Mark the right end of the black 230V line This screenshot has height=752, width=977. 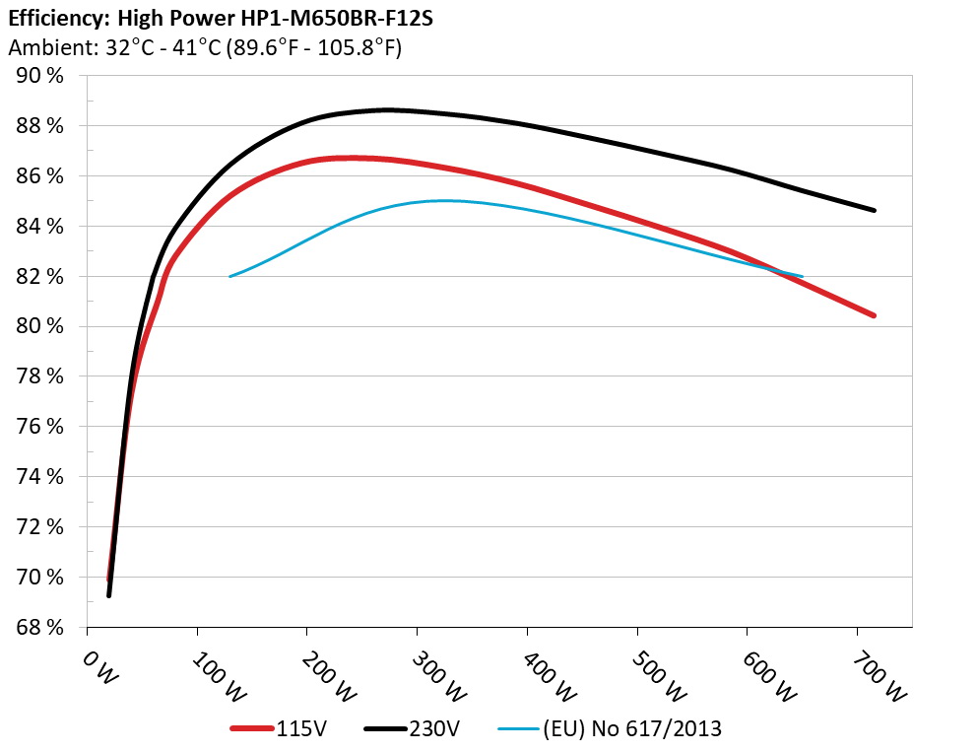pyautogui.click(x=874, y=210)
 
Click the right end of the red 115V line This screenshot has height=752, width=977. pyautogui.click(x=874, y=315)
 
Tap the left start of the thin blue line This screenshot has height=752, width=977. pyautogui.click(x=230, y=276)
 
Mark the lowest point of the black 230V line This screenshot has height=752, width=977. pyautogui.click(x=109, y=595)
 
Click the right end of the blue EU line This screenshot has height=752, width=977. pyautogui.click(x=803, y=277)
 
